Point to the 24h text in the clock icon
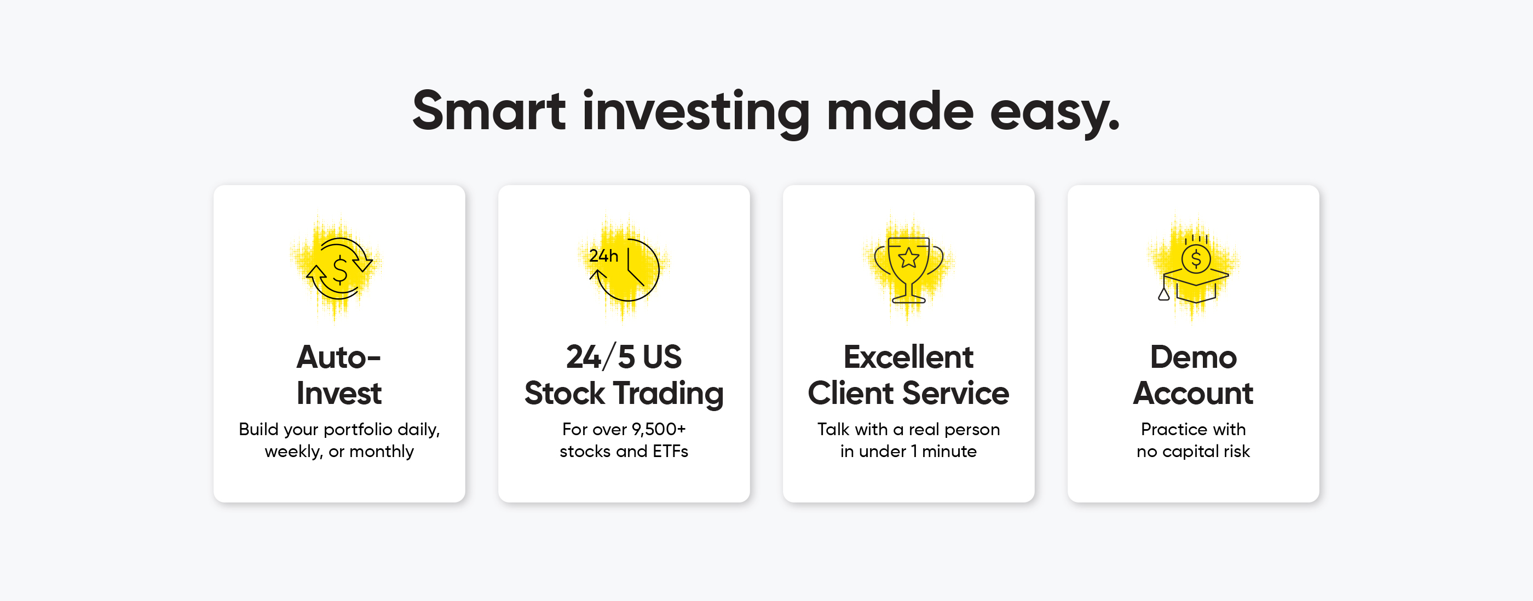tap(603, 256)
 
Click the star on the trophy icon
tap(909, 258)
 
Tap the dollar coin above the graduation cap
tap(1196, 259)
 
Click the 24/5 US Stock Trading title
tap(624, 375)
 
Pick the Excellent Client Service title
tap(908, 375)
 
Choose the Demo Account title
tap(1193, 375)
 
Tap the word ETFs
tap(670, 451)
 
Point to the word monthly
tap(382, 452)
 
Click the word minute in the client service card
tap(949, 451)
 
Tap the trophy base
tap(909, 299)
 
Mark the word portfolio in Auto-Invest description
tap(358, 430)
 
